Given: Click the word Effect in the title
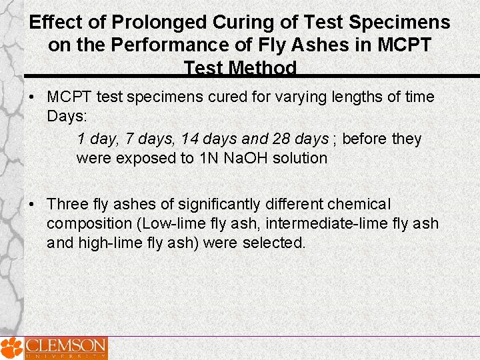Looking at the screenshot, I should coord(56,23).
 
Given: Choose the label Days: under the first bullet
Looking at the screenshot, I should coord(67,116).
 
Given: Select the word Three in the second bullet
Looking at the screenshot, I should coord(67,204).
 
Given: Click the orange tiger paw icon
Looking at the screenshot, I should coord(11,347).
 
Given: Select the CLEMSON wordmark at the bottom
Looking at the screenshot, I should coord(66,346).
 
